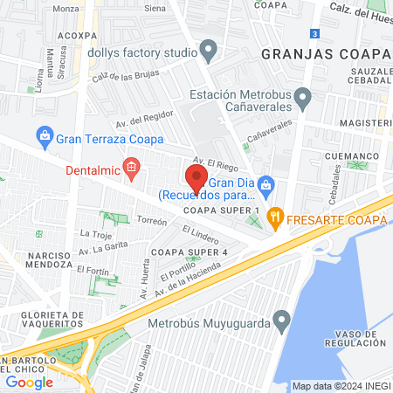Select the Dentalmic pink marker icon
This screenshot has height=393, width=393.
click(132, 167)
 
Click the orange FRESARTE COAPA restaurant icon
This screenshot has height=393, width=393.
click(276, 218)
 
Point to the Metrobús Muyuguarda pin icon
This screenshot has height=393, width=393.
click(281, 321)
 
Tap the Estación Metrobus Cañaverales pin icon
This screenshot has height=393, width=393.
click(302, 98)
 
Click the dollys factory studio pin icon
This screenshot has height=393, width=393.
click(208, 51)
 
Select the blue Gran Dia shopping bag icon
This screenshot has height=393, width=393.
click(269, 184)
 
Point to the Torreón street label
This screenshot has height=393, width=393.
click(152, 222)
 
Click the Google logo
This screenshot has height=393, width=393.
click(29, 382)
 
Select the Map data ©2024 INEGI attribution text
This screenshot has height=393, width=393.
click(341, 386)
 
